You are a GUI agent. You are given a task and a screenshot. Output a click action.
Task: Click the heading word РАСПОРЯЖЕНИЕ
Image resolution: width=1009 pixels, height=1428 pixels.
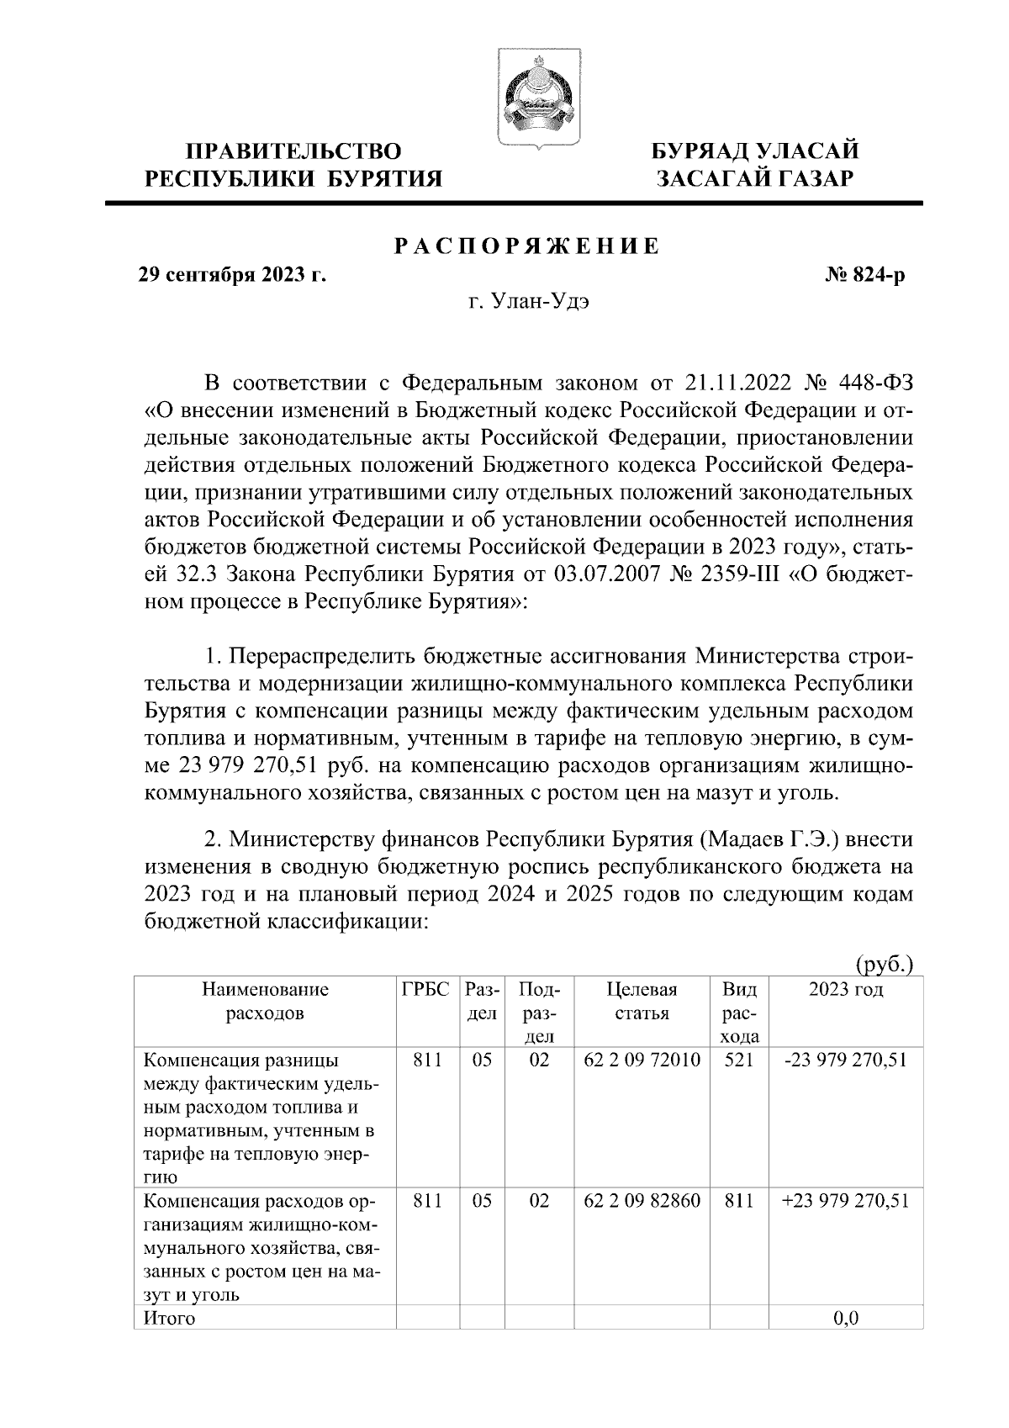pos(527,246)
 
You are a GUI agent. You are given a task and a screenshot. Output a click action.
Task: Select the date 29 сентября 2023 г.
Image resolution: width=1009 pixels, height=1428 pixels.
pos(232,275)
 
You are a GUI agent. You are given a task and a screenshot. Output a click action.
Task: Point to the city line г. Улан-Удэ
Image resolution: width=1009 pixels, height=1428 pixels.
pos(529,302)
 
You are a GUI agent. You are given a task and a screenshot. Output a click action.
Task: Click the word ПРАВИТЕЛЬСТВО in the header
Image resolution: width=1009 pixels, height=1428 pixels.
pos(293,151)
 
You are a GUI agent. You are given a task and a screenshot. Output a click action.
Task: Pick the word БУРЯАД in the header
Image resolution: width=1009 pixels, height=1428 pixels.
pos(697,151)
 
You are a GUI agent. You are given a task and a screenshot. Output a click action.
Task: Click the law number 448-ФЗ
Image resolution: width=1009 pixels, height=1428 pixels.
pos(875,384)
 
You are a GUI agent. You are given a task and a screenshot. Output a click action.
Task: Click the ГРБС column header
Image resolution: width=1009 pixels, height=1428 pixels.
pos(425,989)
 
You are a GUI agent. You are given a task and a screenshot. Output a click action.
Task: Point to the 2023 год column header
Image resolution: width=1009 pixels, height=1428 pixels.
pos(845,989)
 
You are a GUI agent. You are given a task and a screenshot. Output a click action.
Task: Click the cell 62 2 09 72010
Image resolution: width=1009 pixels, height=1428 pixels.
pos(642,1060)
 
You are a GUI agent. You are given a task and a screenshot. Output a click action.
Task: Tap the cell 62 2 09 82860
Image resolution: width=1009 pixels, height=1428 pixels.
pos(642,1201)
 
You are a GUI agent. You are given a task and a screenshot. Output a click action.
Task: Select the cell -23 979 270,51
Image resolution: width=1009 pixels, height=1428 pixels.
pos(845,1060)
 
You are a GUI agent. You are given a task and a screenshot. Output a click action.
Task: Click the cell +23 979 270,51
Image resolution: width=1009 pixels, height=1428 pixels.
pos(845,1201)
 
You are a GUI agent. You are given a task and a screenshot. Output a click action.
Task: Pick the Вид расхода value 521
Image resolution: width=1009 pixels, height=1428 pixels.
pos(738,1060)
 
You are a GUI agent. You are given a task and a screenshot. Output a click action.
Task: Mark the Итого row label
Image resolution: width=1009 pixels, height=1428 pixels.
pos(170,1318)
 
